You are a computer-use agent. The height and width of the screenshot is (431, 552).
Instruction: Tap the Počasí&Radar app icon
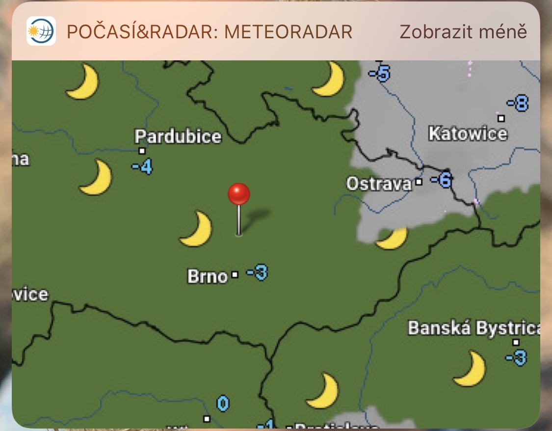[41, 31]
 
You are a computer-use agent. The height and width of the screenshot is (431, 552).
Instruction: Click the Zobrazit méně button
[463, 32]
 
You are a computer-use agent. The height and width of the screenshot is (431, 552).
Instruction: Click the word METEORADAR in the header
[289, 32]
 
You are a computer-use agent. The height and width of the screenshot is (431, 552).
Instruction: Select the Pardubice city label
[178, 136]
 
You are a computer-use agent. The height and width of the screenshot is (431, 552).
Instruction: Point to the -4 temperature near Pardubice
[142, 167]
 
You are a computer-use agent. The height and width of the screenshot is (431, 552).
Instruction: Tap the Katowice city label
[468, 134]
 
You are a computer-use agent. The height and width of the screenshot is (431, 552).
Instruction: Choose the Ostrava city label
[379, 184]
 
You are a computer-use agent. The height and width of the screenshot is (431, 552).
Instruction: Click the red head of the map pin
[239, 194]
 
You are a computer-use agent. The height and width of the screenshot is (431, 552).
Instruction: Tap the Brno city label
[208, 276]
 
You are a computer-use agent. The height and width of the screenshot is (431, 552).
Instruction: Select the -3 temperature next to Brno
[257, 272]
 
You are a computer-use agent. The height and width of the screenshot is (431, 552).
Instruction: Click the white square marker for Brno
[235, 275]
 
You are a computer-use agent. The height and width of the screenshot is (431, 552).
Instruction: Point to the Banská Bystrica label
[473, 328]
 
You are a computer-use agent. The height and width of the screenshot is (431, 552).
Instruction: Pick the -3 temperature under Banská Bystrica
[516, 357]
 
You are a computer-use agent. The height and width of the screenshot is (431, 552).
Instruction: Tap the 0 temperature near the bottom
[223, 404]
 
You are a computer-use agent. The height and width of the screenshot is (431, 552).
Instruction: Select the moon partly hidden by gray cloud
[393, 239]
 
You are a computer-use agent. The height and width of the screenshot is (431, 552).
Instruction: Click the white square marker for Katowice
[501, 118]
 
